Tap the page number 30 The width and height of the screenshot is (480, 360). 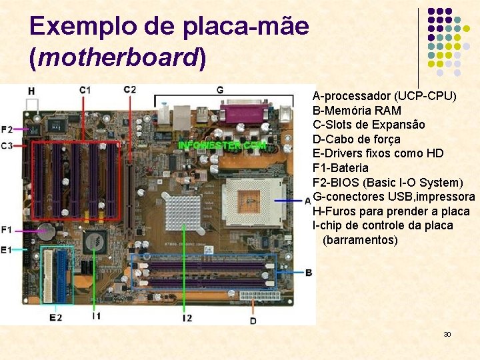[447, 333]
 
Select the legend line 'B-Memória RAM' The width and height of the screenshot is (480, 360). [357, 110]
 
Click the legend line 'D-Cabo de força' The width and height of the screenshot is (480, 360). [357, 139]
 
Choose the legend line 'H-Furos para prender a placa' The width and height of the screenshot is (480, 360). [391, 211]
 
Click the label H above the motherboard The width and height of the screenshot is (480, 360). [31, 90]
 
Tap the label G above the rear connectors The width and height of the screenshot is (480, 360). [219, 90]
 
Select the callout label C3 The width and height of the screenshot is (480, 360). [7, 145]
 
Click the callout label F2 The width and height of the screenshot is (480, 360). [7, 129]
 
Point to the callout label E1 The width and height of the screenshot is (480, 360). [7, 249]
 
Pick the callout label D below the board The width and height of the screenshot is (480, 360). [253, 321]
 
